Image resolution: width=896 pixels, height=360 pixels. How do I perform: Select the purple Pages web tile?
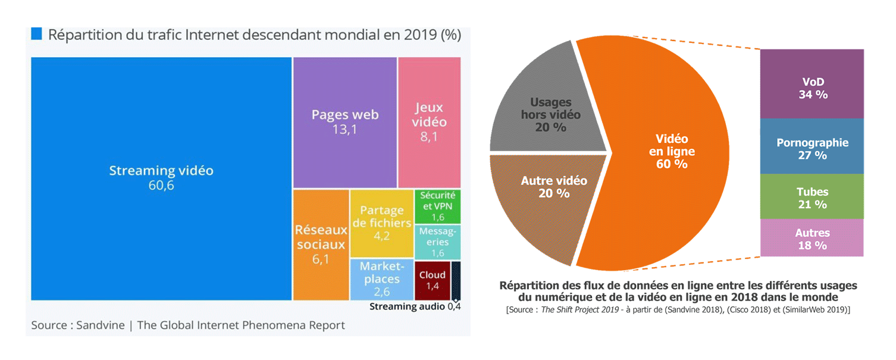345,122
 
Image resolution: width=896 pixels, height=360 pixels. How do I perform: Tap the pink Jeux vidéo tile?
430,122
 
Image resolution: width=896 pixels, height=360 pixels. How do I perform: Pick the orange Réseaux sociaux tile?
320,244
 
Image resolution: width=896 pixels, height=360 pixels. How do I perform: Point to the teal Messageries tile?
437,242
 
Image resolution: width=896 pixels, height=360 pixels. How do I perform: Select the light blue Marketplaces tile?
381,279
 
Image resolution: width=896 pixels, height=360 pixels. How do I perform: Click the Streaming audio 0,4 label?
415,307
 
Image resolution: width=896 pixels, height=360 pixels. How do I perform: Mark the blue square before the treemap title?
36,34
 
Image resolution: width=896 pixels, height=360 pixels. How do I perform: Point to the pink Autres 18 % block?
812,238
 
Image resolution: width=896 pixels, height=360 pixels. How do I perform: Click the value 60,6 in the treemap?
161,186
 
